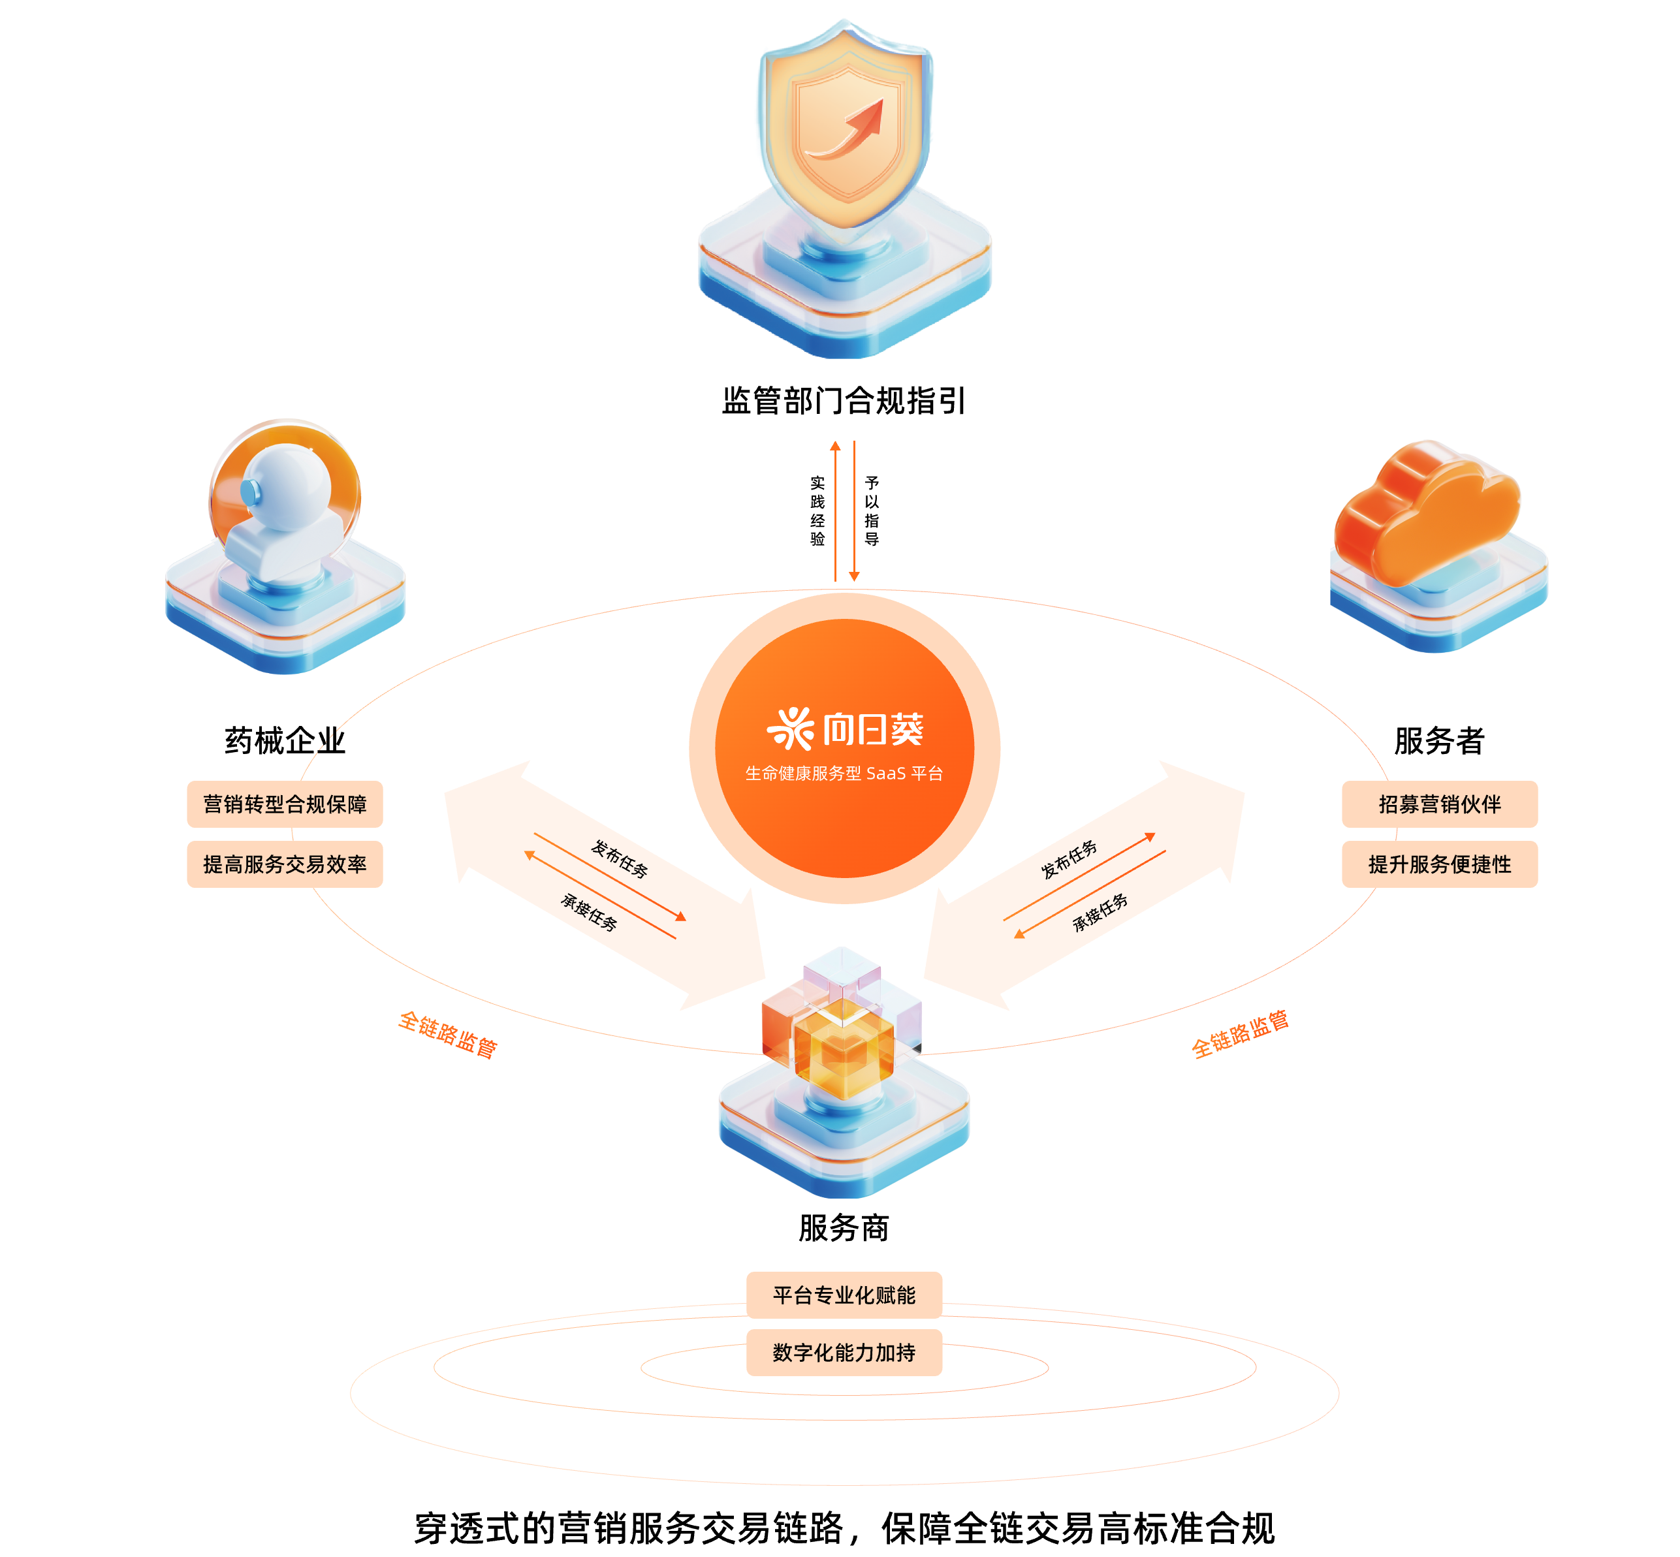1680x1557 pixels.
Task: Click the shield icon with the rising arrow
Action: pyautogui.click(x=845, y=127)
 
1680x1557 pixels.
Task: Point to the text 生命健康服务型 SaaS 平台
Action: pyautogui.click(x=844, y=774)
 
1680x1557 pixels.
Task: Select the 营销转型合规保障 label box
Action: pyautogui.click(x=285, y=805)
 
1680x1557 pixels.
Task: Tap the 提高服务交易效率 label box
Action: pyautogui.click(x=285, y=864)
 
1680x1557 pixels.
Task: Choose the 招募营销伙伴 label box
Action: pyautogui.click(x=1439, y=805)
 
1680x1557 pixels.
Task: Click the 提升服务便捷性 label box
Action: pyautogui.click(x=1439, y=864)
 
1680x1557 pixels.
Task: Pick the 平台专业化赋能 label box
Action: pyautogui.click(x=844, y=1295)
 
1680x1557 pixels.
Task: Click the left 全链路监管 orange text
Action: pyautogui.click(x=448, y=1034)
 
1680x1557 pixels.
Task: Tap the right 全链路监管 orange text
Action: pyautogui.click(x=1239, y=1034)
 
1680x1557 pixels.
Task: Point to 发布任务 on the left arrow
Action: pyautogui.click(x=619, y=858)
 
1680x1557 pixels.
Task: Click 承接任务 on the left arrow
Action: pyautogui.click(x=589, y=911)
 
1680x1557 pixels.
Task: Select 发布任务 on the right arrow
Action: pyautogui.click(x=1069, y=859)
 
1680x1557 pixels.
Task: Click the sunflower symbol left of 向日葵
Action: pyautogui.click(x=790, y=729)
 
